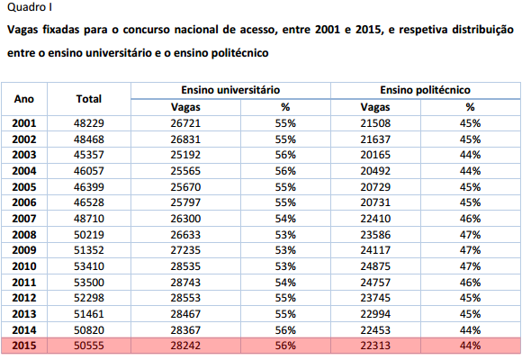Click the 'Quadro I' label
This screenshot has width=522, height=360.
[30, 7]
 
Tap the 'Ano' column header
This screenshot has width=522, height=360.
[24, 99]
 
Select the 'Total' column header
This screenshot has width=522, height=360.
[88, 99]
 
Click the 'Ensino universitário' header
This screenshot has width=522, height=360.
[230, 90]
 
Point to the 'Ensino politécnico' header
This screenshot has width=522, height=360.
[425, 90]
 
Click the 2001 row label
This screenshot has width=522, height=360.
[24, 123]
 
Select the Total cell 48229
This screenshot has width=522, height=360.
[89, 123]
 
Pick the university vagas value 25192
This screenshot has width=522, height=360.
[185, 155]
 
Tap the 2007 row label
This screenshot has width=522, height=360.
[24, 219]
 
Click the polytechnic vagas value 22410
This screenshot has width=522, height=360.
[375, 219]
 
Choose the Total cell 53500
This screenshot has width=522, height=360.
[89, 283]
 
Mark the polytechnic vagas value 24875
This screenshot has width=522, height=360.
[375, 266]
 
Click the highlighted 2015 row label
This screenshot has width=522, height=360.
[24, 346]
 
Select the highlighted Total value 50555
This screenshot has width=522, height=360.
[89, 346]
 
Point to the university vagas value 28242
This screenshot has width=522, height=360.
[185, 346]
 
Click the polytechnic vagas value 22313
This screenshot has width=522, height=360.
[375, 346]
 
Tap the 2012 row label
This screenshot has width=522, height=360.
[24, 297]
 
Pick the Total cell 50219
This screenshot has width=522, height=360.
[89, 235]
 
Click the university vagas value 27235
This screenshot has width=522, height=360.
[185, 250]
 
